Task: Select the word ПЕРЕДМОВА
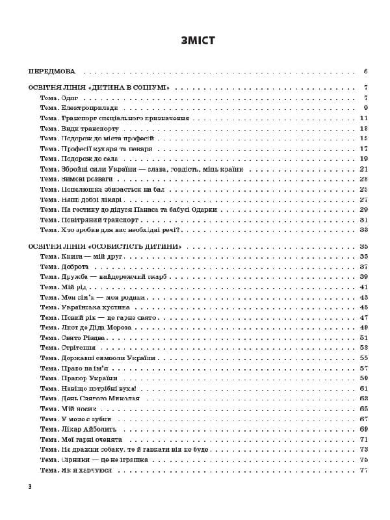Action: point(53,71)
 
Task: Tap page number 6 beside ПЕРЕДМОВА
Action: point(367,71)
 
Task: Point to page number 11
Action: point(364,118)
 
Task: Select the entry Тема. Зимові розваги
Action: point(77,179)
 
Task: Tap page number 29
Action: point(364,209)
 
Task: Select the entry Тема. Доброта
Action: point(64,267)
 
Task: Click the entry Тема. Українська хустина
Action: point(84,307)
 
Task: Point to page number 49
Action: point(364,328)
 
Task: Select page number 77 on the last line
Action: point(364,470)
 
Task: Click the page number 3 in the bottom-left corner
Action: point(30,487)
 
